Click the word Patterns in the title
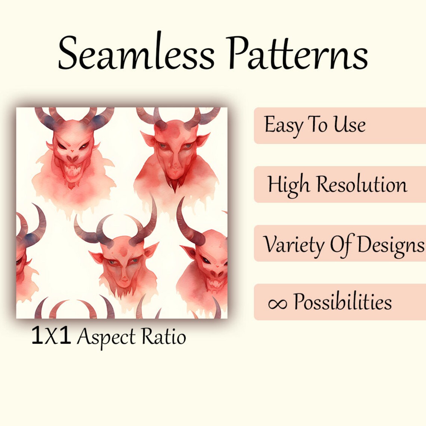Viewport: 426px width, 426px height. (x=297, y=53)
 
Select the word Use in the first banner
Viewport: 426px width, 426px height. (x=349, y=124)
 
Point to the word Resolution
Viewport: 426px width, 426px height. (x=362, y=185)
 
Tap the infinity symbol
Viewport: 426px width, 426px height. (x=277, y=303)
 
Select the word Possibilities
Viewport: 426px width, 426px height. (x=342, y=302)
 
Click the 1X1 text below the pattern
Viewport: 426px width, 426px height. (x=51, y=336)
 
